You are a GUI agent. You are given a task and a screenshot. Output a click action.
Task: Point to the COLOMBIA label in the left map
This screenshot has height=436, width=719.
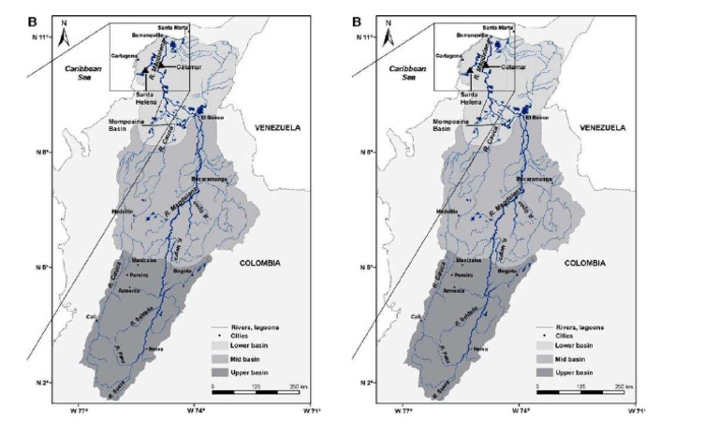256,263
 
